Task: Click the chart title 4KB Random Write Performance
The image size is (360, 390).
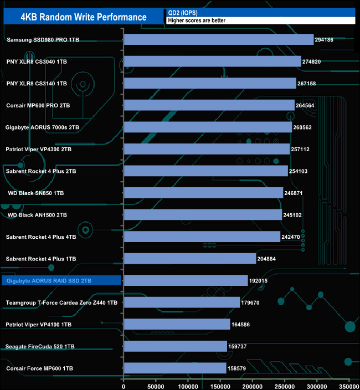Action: click(83, 17)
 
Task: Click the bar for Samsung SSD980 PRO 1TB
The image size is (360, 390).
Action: click(219, 39)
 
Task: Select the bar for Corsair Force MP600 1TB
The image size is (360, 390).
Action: click(175, 368)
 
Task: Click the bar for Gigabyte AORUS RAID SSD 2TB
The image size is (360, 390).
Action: click(186, 281)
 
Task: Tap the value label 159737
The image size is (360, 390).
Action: click(239, 347)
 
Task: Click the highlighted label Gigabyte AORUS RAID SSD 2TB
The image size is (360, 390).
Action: click(49, 281)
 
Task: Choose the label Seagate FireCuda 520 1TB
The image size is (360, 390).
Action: click(40, 347)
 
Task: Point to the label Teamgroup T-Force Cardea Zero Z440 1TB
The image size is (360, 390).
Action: click(61, 302)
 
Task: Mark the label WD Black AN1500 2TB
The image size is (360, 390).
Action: click(38, 215)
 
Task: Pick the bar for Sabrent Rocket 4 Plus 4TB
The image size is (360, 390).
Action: click(202, 237)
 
